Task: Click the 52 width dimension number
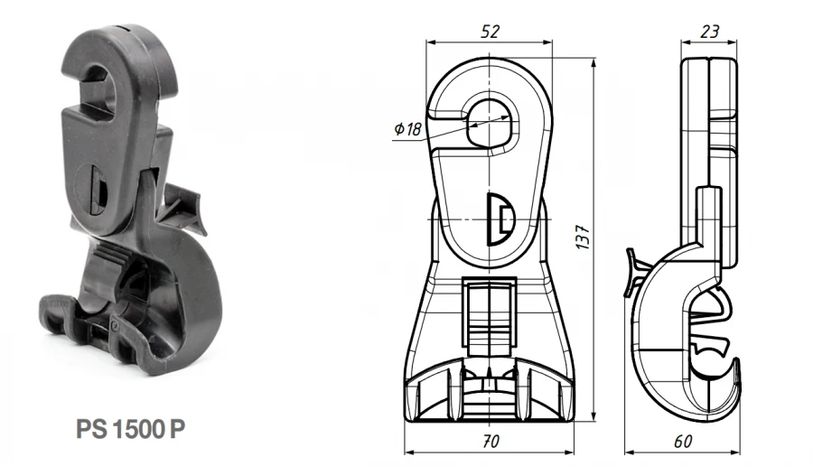pyautogui.click(x=490, y=32)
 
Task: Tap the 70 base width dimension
pyautogui.click(x=491, y=442)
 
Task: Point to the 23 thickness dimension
pyautogui.click(x=710, y=32)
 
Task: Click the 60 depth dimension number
pyautogui.click(x=683, y=442)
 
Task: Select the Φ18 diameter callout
pyautogui.click(x=407, y=129)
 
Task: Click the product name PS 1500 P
pyautogui.click(x=131, y=427)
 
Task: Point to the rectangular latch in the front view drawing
pyautogui.click(x=490, y=312)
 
